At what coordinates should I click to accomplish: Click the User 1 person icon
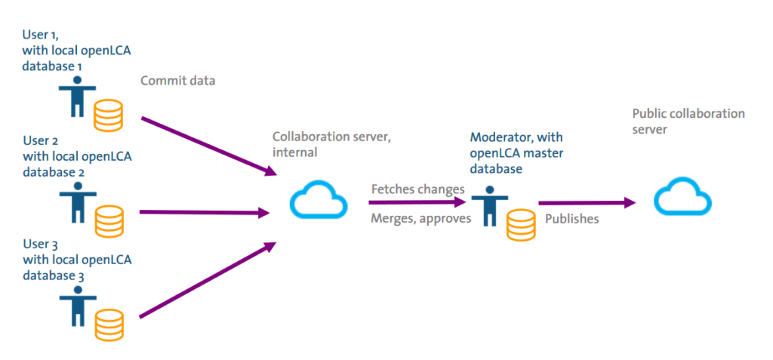(78, 97)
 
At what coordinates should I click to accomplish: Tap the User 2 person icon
(78, 202)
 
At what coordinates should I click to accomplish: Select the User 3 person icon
(78, 306)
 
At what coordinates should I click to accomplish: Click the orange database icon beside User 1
(108, 115)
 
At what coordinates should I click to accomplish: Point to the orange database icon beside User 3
(109, 325)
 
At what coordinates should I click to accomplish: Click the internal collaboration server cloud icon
(319, 200)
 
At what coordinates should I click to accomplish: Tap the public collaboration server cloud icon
(682, 197)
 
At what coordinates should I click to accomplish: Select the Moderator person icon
(489, 206)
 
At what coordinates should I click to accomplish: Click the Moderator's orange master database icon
(520, 226)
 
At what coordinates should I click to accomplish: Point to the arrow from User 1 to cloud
(209, 146)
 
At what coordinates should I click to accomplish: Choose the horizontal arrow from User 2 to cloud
(205, 213)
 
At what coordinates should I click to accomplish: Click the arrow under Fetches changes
(417, 202)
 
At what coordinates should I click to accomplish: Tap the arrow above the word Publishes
(587, 202)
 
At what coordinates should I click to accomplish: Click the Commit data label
(178, 81)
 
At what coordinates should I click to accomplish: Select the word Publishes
(572, 219)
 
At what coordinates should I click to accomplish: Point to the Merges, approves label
(421, 218)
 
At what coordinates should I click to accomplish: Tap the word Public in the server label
(647, 114)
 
